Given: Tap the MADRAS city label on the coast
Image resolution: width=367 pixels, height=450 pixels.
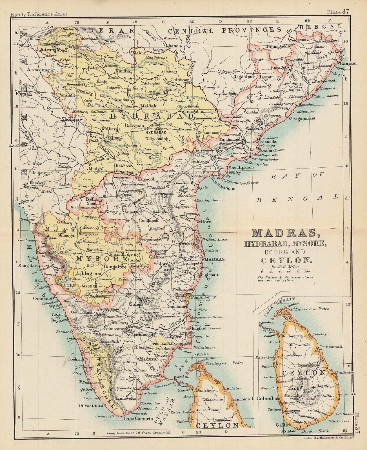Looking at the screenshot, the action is tap(214, 259).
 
